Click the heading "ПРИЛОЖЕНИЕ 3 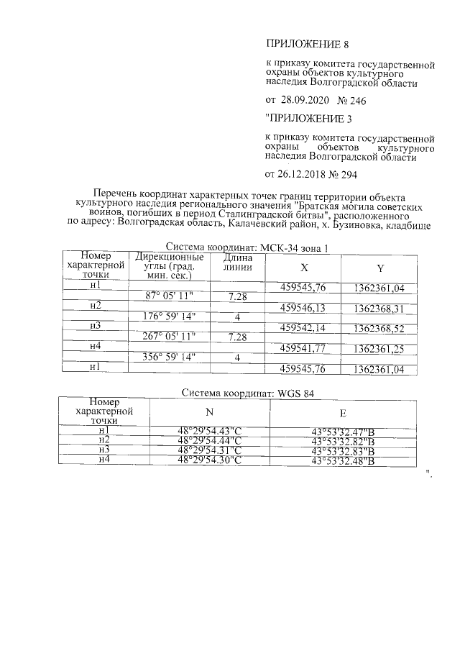click(x=306, y=117)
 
